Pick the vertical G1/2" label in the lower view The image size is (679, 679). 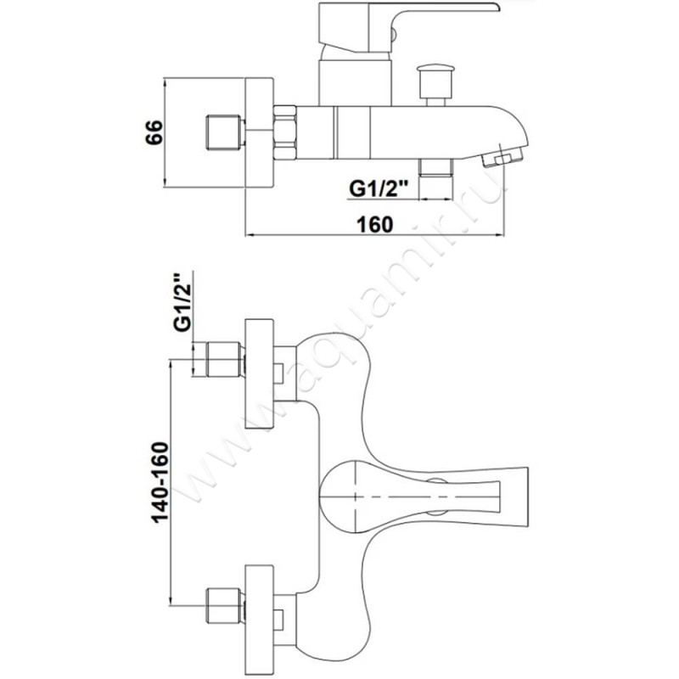click(179, 304)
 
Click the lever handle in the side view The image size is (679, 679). click(407, 15)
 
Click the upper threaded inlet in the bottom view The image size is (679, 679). click(218, 360)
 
